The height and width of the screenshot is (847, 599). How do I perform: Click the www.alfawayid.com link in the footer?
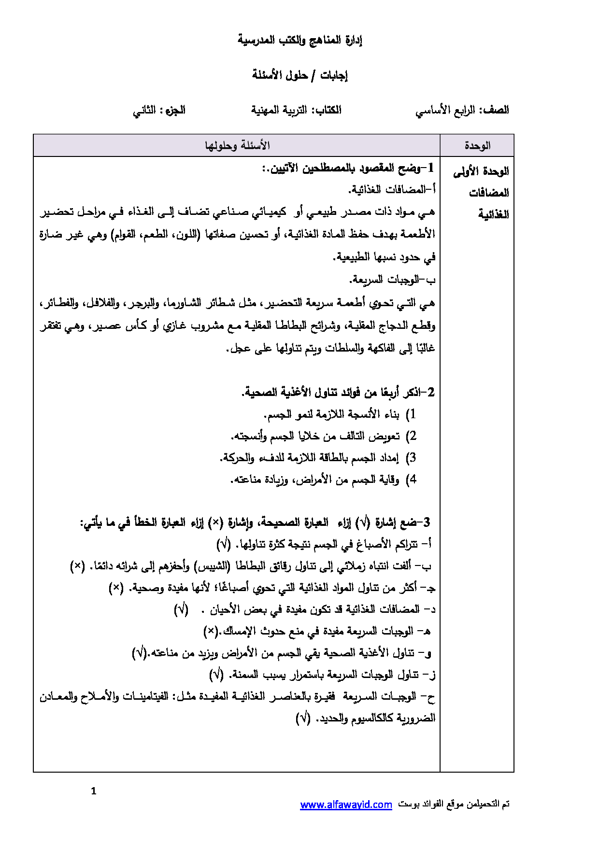pos(346,805)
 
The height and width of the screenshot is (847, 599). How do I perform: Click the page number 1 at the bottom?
pos(94,791)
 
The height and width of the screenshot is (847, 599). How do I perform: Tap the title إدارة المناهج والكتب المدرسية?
pos(299,40)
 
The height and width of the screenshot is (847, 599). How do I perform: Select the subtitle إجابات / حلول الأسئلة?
pos(299,75)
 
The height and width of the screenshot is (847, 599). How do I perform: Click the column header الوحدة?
pos(477,145)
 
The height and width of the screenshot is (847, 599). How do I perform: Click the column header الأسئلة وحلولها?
pos(237,145)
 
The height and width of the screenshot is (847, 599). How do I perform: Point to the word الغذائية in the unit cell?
pos(493,214)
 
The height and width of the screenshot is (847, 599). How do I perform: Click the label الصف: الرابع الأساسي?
pos(462,110)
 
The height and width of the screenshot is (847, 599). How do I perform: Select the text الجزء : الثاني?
pos(159,110)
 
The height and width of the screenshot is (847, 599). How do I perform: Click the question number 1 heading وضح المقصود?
pos(348,169)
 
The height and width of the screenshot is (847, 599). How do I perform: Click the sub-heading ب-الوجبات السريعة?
pos(392,280)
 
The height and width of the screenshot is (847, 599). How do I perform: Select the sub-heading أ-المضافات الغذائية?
pos(392,190)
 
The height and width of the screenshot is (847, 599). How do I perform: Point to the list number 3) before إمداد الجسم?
pos(411,458)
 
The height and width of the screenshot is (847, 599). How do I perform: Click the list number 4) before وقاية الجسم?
pos(411,480)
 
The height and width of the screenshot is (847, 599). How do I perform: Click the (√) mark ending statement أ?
pos(224,544)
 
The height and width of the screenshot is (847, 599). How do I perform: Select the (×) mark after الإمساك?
pos(211,631)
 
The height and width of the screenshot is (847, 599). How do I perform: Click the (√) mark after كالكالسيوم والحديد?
pos(303,718)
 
